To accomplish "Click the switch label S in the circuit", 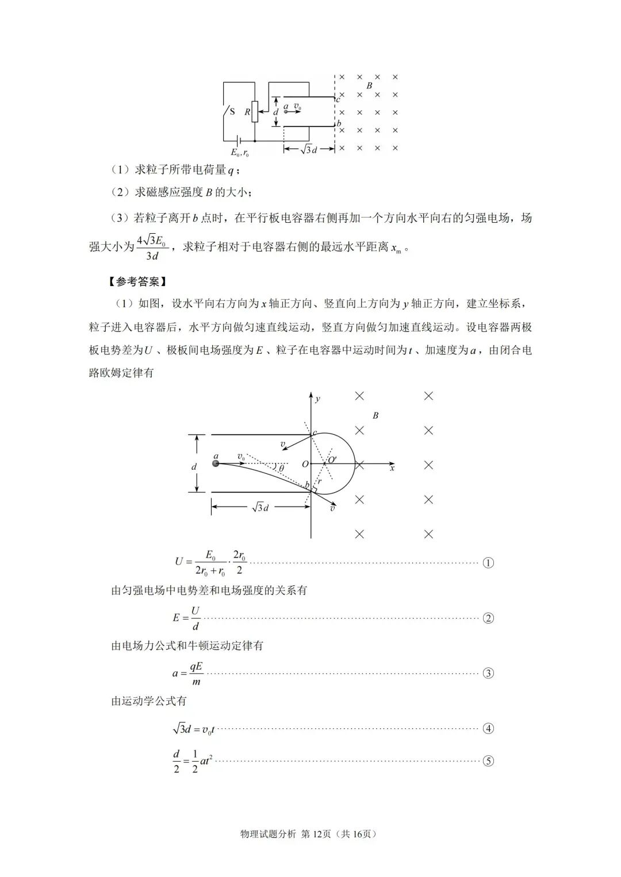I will click(x=232, y=111).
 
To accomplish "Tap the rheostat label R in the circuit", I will click(x=247, y=112).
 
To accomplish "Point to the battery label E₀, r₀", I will click(x=240, y=153).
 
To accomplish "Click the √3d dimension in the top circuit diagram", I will click(x=309, y=149).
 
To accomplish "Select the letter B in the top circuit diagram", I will click(x=369, y=86).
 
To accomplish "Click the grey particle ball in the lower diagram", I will click(x=216, y=463).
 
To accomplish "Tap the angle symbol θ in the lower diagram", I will click(x=281, y=469).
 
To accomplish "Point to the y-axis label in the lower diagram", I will click(x=318, y=398).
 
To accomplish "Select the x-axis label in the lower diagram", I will click(x=392, y=469).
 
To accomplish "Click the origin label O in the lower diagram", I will click(x=305, y=463).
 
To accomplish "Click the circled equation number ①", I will click(x=488, y=563).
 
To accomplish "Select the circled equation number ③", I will click(x=488, y=673).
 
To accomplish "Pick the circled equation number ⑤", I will click(x=488, y=761).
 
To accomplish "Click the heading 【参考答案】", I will click(x=136, y=281).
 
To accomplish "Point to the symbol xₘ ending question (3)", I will click(x=396, y=249).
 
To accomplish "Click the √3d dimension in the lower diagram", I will click(x=260, y=507).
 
